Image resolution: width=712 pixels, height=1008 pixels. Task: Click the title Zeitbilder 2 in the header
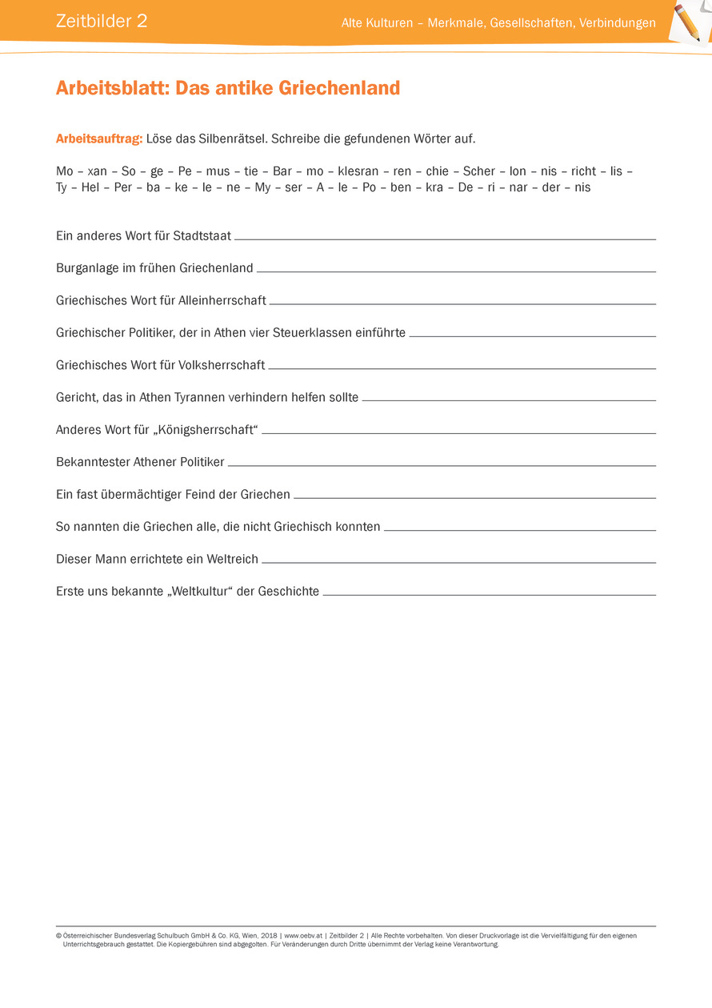click(102, 22)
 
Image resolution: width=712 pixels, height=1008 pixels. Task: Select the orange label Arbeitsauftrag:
click(99, 139)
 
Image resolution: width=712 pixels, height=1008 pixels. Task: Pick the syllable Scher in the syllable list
click(479, 171)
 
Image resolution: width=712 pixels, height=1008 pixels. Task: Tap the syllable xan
click(97, 171)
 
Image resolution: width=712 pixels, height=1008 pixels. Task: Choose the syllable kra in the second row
click(434, 187)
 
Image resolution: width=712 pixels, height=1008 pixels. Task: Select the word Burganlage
click(87, 268)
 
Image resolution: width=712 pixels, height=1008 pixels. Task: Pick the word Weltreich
click(231, 559)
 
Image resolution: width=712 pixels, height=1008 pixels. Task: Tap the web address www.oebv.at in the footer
click(303, 935)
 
